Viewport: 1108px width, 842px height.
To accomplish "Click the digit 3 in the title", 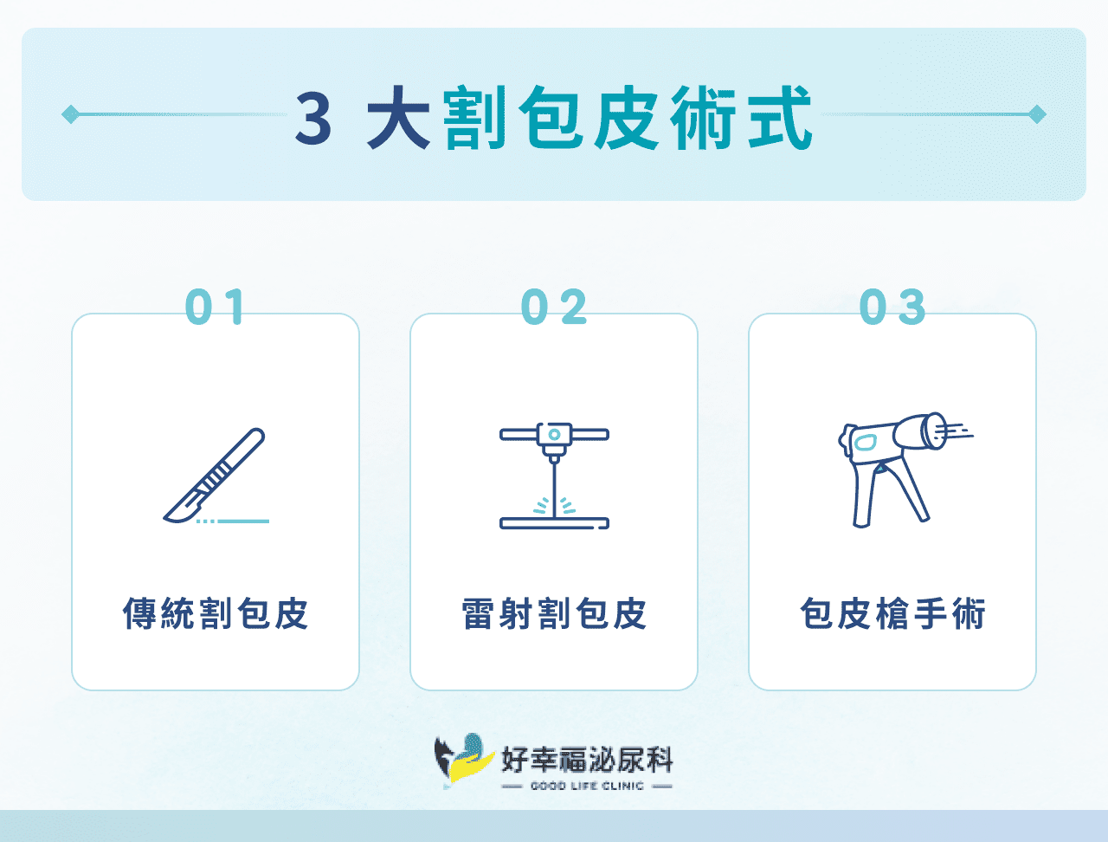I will pos(313,119).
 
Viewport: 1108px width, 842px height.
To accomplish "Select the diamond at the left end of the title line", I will pos(71,114).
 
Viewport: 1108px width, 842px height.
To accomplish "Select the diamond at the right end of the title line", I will pos(1037,114).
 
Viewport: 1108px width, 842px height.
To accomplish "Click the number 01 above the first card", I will pos(216,308).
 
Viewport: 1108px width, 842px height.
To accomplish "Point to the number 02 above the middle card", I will pos(554,308).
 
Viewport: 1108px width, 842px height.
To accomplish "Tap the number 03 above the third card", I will pos(892,308).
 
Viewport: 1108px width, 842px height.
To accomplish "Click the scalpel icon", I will pos(216,475).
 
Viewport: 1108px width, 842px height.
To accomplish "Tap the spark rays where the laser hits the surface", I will pos(554,506).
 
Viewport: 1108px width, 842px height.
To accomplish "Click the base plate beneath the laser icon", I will pos(554,523).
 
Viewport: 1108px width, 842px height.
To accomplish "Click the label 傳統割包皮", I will pos(216,614).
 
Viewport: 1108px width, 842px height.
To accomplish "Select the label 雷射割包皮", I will pos(554,614).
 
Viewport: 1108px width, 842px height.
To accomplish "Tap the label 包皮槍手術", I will pos(892,614).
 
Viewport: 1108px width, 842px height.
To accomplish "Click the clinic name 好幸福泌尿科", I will pos(587,760).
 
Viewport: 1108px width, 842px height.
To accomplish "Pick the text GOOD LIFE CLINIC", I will pos(587,786).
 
